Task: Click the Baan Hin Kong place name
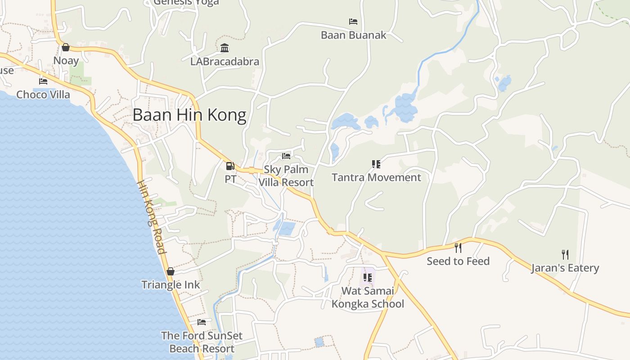click(189, 115)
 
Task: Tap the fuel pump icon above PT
click(230, 166)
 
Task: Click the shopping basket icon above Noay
click(66, 47)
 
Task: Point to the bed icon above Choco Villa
click(43, 81)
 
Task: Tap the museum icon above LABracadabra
click(225, 48)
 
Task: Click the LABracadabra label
click(225, 61)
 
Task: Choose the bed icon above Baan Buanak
click(353, 22)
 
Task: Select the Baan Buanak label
click(353, 35)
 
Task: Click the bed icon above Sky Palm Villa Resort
click(286, 156)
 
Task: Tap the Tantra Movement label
click(376, 177)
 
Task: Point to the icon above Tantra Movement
click(376, 164)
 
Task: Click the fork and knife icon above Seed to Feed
click(458, 247)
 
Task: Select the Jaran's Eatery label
click(565, 268)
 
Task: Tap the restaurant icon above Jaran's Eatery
click(565, 255)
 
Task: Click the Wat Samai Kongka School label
click(368, 297)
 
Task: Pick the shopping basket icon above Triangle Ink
click(171, 271)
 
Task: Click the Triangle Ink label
click(171, 284)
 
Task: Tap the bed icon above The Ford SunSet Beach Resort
click(202, 322)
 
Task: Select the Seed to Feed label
click(458, 261)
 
